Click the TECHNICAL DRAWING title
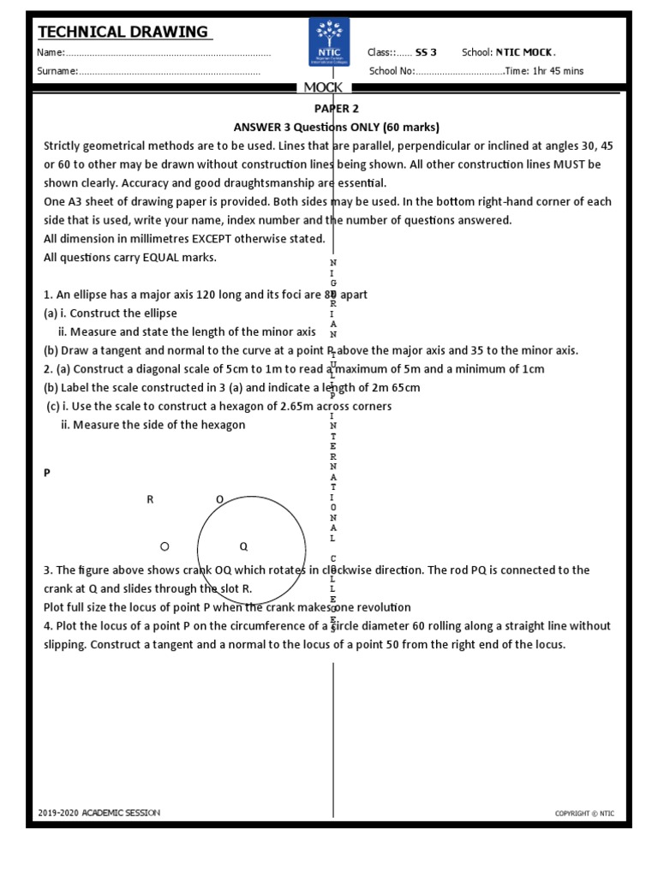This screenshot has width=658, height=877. [x=123, y=33]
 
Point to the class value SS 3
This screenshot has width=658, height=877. [x=426, y=52]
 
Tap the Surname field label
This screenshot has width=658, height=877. [x=57, y=71]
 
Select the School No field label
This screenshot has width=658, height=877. [x=392, y=71]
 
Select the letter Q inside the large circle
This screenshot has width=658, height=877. [x=243, y=546]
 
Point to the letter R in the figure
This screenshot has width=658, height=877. [x=150, y=499]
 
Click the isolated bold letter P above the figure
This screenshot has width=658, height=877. [x=47, y=472]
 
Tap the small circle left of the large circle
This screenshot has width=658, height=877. [x=165, y=546]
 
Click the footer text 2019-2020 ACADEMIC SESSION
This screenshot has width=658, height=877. [x=99, y=813]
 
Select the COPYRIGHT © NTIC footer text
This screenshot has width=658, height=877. [x=584, y=814]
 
